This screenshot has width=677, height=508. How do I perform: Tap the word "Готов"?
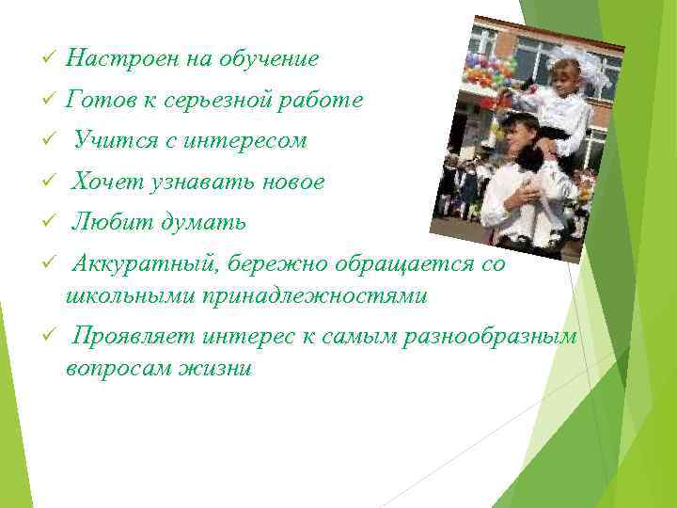pos(98,100)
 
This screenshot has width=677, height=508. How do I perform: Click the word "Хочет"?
pos(106,183)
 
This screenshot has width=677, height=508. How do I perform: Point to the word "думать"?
pos(203,223)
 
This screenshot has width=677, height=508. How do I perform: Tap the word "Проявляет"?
pos(133,337)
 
